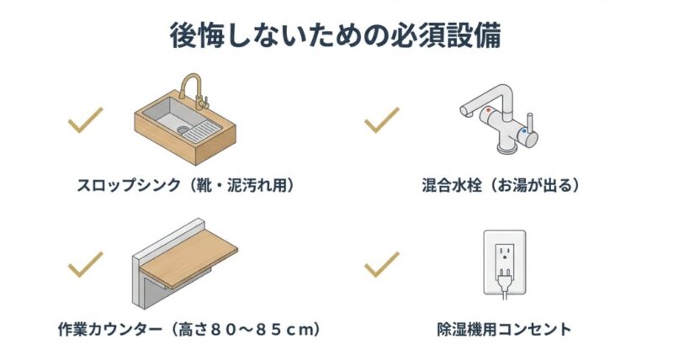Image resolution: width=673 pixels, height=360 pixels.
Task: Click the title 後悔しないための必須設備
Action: point(336,36)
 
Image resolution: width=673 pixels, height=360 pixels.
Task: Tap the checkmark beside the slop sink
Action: point(85,120)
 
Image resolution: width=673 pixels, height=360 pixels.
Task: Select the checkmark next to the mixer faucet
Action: point(381,120)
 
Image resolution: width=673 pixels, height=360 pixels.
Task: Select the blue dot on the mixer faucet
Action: point(524,131)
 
